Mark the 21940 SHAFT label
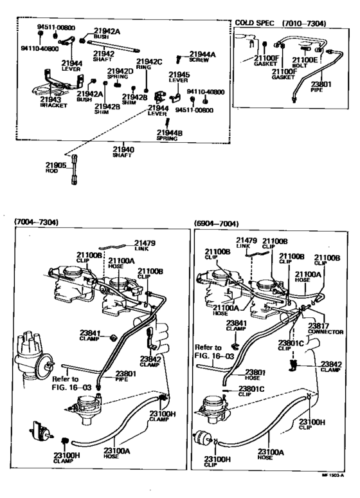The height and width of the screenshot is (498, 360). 123,152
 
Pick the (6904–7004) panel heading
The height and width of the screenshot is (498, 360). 216,223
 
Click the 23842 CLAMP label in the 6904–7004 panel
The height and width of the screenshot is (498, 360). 332,366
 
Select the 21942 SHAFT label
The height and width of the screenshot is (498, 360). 103,56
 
